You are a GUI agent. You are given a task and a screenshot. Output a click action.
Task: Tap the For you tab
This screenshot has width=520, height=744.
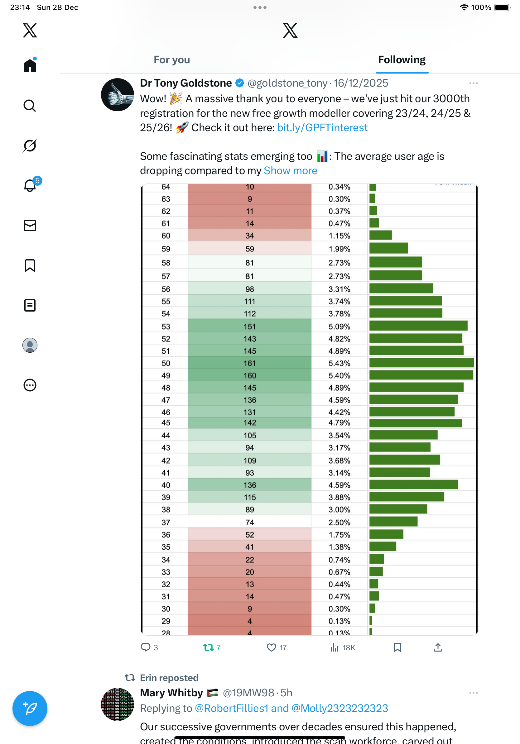point(172,60)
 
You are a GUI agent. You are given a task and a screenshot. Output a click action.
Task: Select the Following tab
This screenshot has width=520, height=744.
point(402,60)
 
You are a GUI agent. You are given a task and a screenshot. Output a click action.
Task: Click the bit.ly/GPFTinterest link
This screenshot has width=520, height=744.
point(322,128)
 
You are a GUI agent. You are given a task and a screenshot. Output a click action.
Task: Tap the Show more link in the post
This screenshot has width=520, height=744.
point(291,171)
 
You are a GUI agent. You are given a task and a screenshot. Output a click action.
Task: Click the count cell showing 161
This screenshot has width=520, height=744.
point(250,363)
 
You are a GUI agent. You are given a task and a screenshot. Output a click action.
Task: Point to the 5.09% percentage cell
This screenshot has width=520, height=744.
point(339,326)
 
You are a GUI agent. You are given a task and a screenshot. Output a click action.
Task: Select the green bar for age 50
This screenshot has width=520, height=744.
point(421,363)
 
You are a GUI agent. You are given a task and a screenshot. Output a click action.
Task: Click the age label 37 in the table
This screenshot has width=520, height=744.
point(166,522)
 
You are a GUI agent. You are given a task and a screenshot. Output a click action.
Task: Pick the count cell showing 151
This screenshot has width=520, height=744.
point(250,326)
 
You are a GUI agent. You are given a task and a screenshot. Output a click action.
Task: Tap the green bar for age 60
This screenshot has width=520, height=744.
point(381,235)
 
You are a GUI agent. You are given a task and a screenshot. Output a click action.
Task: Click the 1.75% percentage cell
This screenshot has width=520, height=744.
point(339,535)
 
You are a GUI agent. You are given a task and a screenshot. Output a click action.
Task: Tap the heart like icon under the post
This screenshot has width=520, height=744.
point(271,647)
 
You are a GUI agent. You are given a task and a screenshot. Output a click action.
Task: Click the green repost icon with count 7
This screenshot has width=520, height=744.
point(208,647)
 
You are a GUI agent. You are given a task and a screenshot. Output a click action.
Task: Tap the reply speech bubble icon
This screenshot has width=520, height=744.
point(146,647)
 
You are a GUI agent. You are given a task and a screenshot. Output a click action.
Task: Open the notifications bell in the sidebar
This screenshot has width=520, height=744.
point(30,186)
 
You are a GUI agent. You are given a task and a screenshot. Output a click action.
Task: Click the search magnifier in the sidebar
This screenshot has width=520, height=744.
point(30,106)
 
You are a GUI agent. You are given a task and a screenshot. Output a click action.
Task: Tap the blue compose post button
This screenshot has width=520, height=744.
point(30,708)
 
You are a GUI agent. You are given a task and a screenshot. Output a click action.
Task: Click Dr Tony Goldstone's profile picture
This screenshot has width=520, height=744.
point(117,95)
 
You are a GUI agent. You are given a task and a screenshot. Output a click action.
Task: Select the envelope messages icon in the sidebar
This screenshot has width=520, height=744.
point(30,226)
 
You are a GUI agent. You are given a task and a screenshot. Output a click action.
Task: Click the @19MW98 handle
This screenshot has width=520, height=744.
point(248,693)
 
